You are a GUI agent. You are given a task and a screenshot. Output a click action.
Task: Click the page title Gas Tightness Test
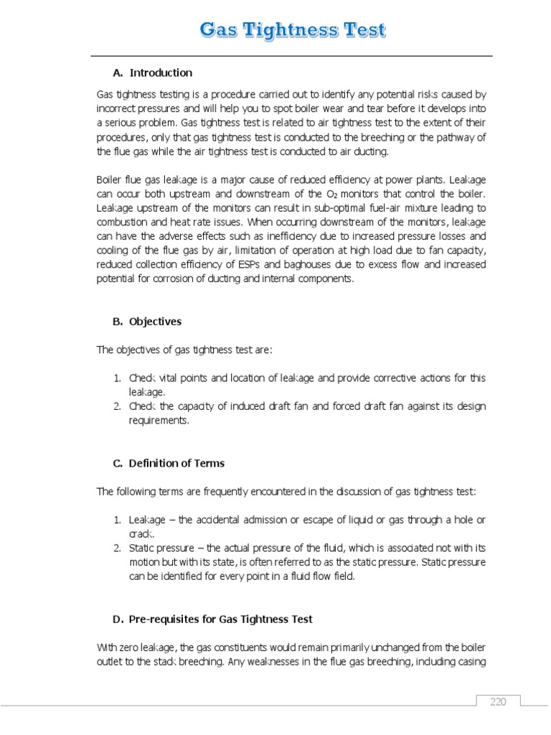292,30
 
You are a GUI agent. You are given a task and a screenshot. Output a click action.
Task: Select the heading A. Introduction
152,72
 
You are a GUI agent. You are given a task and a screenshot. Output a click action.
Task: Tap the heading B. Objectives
146,322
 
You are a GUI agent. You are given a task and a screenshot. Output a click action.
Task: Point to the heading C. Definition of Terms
169,463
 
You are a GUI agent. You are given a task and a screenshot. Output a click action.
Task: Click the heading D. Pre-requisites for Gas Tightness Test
212,619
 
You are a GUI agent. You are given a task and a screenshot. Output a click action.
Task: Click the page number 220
499,701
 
